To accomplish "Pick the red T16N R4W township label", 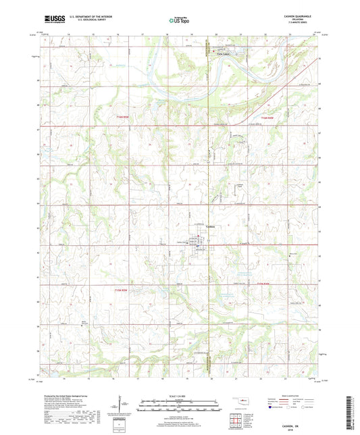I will [x=269, y=116].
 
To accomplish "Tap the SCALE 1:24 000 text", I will [x=179, y=395].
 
